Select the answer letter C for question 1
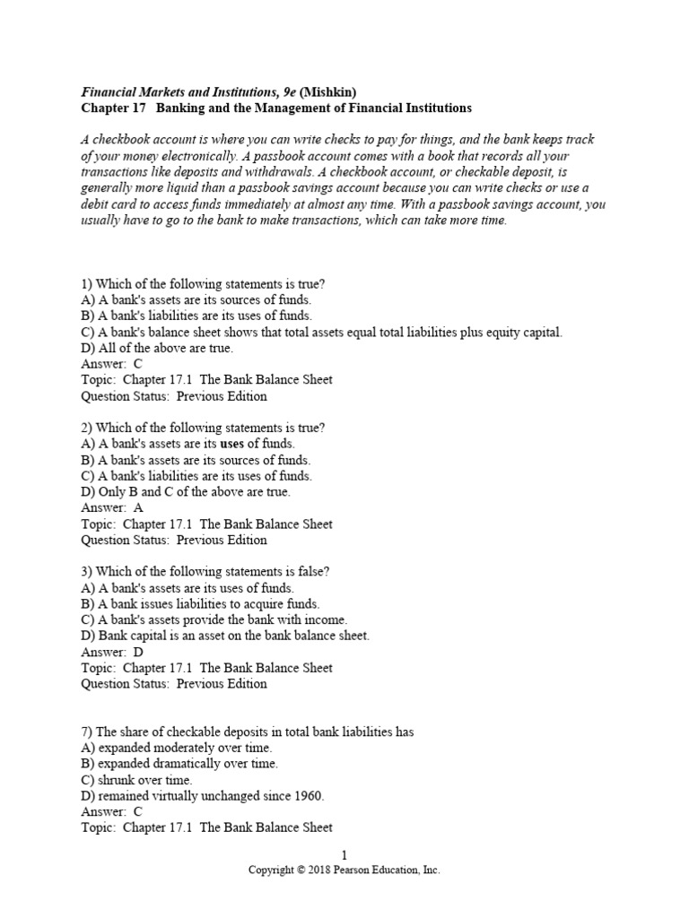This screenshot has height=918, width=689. point(137,364)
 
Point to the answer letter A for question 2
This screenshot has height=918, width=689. point(137,507)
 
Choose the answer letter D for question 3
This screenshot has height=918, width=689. point(137,652)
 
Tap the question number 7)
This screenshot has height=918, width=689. point(87,732)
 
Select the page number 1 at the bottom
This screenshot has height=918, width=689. point(344,856)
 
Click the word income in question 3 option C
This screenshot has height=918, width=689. point(327,619)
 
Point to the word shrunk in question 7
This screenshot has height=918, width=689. point(115,780)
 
